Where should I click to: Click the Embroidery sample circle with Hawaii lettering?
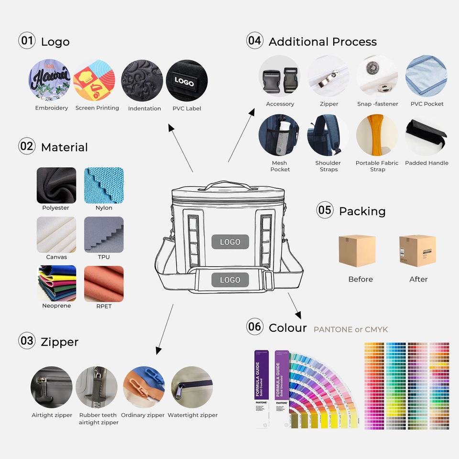tap(49, 80)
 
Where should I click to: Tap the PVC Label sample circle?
tap(186, 80)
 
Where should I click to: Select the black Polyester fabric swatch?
tap(56, 185)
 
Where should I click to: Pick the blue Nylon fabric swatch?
tap(104, 185)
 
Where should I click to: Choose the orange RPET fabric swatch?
tap(104, 284)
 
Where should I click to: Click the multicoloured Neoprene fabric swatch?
tap(56, 284)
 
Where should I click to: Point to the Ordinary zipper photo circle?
tap(144, 388)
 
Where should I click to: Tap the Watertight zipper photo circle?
tap(192, 388)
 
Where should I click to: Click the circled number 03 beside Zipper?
tap(27, 341)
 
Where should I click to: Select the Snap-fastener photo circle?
tap(377, 76)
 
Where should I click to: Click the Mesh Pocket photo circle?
tap(279, 135)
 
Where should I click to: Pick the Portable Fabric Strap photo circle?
tap(377, 135)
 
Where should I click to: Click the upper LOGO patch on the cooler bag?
tap(230, 242)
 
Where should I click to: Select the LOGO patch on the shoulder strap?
tap(230, 280)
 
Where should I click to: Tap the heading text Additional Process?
tap(322, 42)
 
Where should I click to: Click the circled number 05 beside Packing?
tap(325, 210)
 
